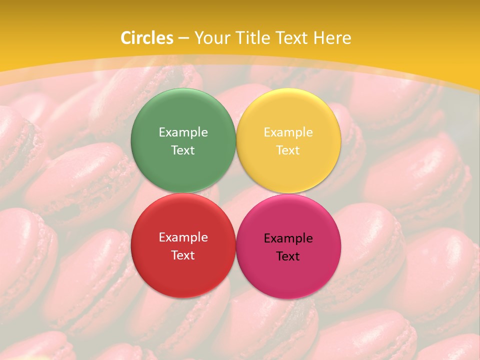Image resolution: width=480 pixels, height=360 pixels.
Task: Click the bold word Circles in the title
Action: tap(147, 38)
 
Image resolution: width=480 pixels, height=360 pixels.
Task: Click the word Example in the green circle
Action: tap(183, 132)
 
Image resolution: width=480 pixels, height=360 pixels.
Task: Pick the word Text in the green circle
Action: tap(183, 150)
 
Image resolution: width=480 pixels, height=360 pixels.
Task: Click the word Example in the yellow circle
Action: tap(288, 132)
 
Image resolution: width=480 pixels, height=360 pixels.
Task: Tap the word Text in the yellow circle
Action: tap(288, 150)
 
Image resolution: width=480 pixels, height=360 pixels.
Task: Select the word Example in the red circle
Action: tap(183, 237)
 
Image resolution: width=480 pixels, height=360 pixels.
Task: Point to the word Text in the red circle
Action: tap(183, 255)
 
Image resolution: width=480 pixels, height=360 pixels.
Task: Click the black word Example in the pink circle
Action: tap(288, 238)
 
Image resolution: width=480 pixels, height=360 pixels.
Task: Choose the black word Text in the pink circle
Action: tap(288, 256)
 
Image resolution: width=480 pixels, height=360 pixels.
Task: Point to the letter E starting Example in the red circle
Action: tap(161, 237)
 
